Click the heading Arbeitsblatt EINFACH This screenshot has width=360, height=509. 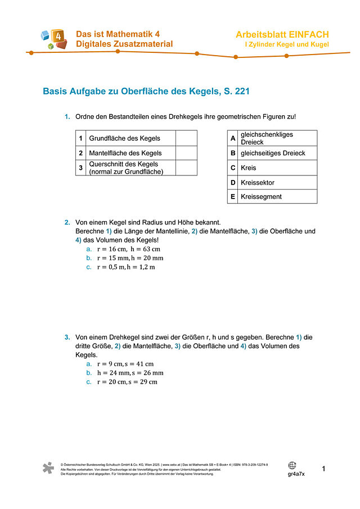click(x=282, y=35)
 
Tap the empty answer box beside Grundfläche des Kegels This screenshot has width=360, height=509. click(x=186, y=138)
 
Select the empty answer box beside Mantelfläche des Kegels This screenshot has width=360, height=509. click(x=186, y=153)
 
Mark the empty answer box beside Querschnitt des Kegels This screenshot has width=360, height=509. click(x=186, y=168)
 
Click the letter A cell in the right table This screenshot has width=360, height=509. click(x=232, y=138)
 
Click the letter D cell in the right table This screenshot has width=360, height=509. click(x=232, y=182)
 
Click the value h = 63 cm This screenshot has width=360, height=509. click(x=145, y=249)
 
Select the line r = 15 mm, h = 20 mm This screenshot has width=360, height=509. click(x=130, y=258)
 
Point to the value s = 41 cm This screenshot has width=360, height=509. click(x=138, y=364)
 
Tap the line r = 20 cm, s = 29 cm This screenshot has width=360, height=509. click(x=127, y=382)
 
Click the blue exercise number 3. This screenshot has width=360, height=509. click(x=67, y=337)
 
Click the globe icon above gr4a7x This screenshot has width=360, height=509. click(x=292, y=465)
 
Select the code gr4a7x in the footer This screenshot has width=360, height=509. click(x=296, y=474)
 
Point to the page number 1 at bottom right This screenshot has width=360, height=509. click(x=323, y=469)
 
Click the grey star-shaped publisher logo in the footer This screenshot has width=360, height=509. click(x=49, y=469)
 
